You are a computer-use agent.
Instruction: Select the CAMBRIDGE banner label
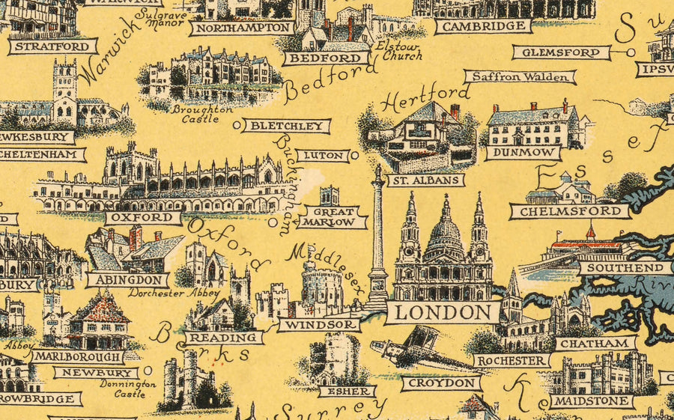click(x=483, y=26)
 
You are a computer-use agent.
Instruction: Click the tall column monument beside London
click(x=378, y=240)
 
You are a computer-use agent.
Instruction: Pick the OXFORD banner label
click(x=143, y=218)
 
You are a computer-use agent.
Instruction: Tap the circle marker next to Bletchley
click(x=237, y=125)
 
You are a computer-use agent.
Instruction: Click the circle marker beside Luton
click(x=354, y=156)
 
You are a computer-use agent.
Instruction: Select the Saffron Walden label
click(x=520, y=76)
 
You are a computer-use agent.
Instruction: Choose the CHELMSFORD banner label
click(x=570, y=212)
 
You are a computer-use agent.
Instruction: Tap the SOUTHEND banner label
click(x=625, y=267)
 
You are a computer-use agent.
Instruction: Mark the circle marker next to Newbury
click(x=148, y=370)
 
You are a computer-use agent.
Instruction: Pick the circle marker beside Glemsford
click(x=631, y=52)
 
